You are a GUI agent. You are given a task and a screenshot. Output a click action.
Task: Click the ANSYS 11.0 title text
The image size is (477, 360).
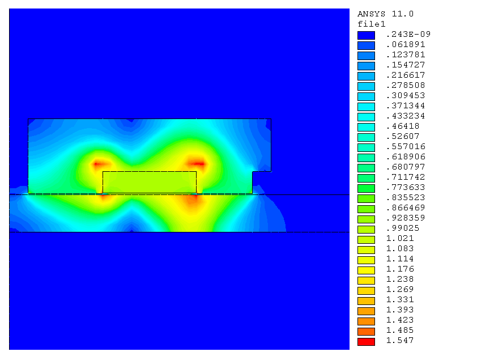(x=385, y=14)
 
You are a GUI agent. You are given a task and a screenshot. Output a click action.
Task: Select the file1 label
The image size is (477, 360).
(x=372, y=24)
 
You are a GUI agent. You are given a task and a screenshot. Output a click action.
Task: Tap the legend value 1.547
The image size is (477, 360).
(x=400, y=341)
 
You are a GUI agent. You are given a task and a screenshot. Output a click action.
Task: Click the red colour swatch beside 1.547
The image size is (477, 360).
(x=366, y=342)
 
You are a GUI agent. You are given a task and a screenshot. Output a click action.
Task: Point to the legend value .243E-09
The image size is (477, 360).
(x=408, y=35)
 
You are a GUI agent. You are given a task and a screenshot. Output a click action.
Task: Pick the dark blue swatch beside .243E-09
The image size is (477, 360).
(x=366, y=35)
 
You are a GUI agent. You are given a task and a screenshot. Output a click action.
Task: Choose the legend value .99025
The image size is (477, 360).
(x=402, y=228)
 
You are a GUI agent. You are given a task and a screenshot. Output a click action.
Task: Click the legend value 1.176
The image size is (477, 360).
(x=400, y=269)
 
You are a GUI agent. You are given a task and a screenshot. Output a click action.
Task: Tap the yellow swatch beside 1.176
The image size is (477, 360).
(x=366, y=270)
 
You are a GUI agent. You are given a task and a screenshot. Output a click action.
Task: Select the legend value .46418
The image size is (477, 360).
(x=402, y=126)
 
